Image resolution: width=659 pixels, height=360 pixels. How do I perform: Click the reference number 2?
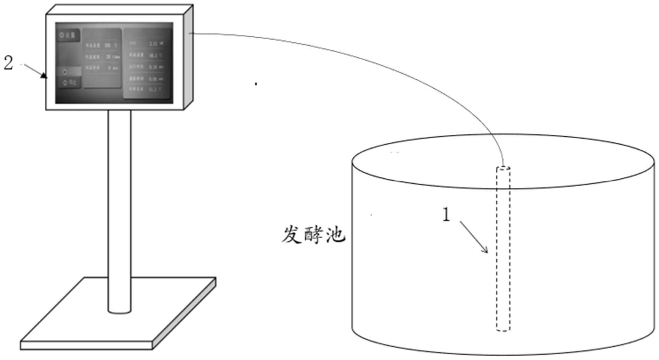coord(8,63)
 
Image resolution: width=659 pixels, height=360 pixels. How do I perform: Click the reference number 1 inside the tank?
coord(446,215)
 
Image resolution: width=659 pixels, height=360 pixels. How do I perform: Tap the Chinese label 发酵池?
coord(313,235)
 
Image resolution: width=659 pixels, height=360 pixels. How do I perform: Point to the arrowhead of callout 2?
coord(45,76)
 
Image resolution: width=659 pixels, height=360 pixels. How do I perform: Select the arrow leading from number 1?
coord(474,237)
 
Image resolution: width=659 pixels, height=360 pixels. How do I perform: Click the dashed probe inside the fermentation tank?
coord(503,248)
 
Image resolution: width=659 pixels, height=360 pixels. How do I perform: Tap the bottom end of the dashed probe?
coord(503,329)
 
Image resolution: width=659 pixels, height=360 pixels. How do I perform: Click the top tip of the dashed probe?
coord(503,168)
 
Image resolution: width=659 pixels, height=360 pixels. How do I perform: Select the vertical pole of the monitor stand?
coord(119,210)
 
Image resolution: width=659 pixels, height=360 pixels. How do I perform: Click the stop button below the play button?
coord(70,82)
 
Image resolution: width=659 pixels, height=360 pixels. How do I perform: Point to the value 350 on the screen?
coord(108,45)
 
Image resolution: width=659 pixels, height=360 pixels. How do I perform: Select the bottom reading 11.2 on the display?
coord(152,89)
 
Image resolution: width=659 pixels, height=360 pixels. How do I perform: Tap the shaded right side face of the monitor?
coord(189,57)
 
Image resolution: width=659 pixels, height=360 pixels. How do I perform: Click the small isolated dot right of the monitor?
coord(256,84)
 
